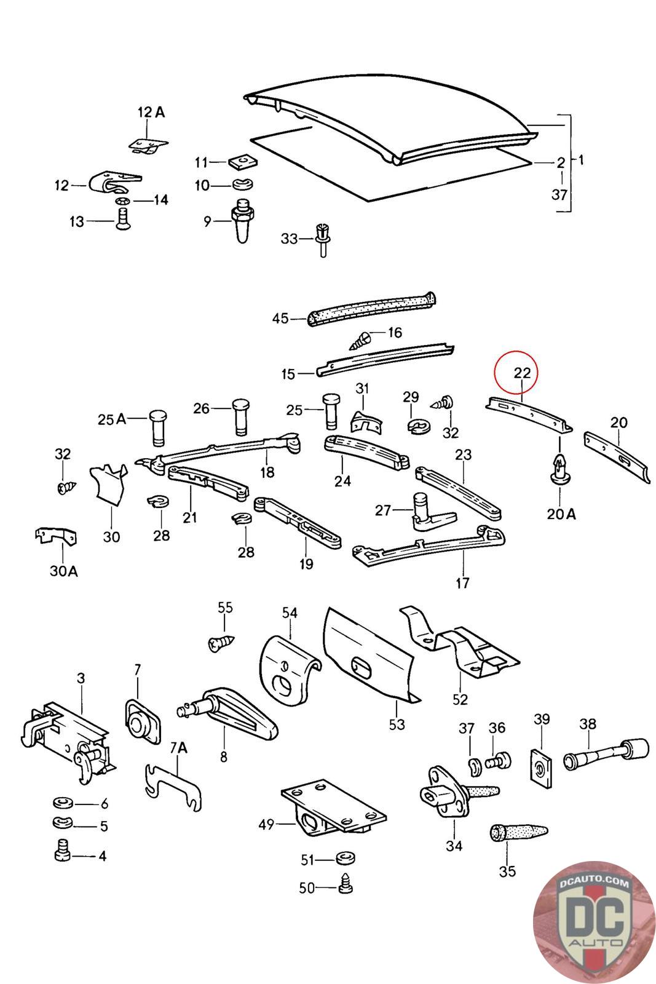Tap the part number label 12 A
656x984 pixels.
tap(151, 113)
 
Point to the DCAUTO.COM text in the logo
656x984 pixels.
tap(594, 882)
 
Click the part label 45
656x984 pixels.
tap(280, 318)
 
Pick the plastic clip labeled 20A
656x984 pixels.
tap(560, 470)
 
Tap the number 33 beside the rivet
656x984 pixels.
tap(290, 239)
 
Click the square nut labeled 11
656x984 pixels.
tap(243, 161)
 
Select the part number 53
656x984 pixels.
tap(397, 724)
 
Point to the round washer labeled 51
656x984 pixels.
tap(345, 857)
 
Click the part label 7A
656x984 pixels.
tap(178, 748)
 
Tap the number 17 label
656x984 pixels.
tap(462, 583)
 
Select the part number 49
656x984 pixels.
tap(267, 825)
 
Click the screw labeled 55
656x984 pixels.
tap(221, 643)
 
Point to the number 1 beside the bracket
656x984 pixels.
tap(581, 160)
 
